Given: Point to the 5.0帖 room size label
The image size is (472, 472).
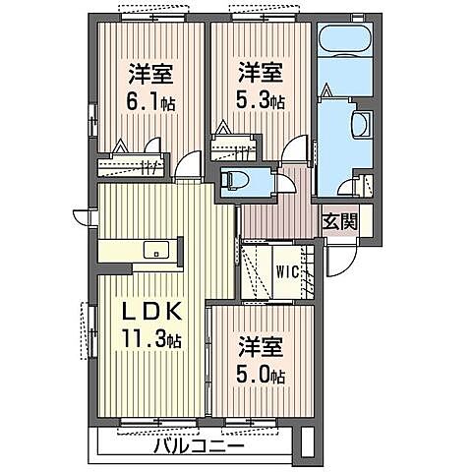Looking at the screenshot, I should coord(263,375).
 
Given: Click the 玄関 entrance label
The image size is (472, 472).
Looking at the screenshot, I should coord(341,221).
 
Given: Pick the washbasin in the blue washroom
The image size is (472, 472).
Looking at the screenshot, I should coord(359,124).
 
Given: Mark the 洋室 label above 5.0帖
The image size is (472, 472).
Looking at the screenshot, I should coord(263,347).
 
